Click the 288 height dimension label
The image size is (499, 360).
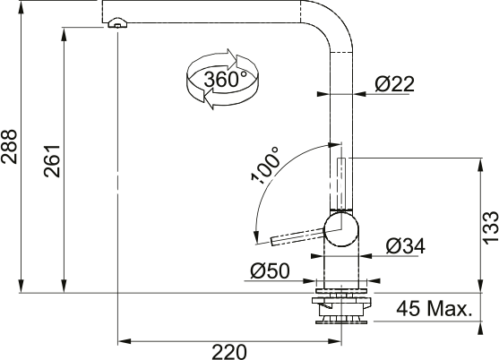tap(9, 147)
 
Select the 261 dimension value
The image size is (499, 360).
tap(52, 161)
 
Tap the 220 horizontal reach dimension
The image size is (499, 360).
tap(229, 352)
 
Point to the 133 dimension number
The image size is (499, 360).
tap(490, 227)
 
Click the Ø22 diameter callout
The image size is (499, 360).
tap(394, 84)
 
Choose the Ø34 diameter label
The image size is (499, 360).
tap(405, 246)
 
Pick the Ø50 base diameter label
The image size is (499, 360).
tap(270, 271)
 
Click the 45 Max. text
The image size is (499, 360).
tap(434, 309)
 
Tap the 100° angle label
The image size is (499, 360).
tap(266, 166)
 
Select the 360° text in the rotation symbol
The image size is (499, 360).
tap(225, 79)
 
